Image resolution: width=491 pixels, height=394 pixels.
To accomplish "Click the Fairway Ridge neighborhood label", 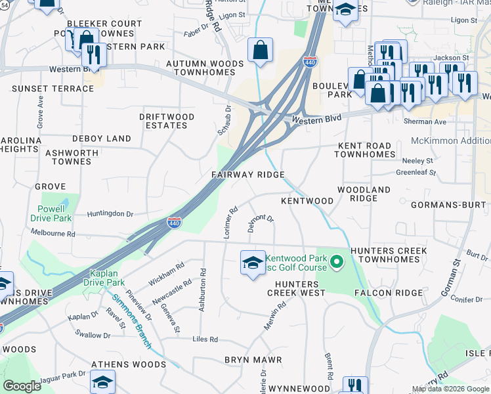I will coord(247,175).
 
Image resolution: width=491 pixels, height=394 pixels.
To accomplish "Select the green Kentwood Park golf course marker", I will coord(337,263).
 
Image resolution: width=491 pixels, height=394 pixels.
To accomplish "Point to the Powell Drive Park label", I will coord(51,213).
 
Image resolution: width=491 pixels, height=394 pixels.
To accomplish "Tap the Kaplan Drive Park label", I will coord(104,277).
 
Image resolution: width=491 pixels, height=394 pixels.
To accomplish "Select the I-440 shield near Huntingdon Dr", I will coord(174,225).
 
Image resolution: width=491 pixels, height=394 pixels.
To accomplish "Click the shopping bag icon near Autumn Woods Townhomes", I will coord(261,50).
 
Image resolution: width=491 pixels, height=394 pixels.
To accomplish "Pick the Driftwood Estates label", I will coord(167,121).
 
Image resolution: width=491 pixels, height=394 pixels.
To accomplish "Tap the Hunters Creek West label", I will coord(295,288).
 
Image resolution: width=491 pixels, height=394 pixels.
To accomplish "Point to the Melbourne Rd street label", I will coord(53,233).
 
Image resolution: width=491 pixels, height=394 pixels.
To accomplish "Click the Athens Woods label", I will coord(129,364).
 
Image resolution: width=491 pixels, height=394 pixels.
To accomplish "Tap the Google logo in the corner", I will coord(22,386).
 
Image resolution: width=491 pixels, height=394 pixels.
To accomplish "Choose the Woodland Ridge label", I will coord(364,194).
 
